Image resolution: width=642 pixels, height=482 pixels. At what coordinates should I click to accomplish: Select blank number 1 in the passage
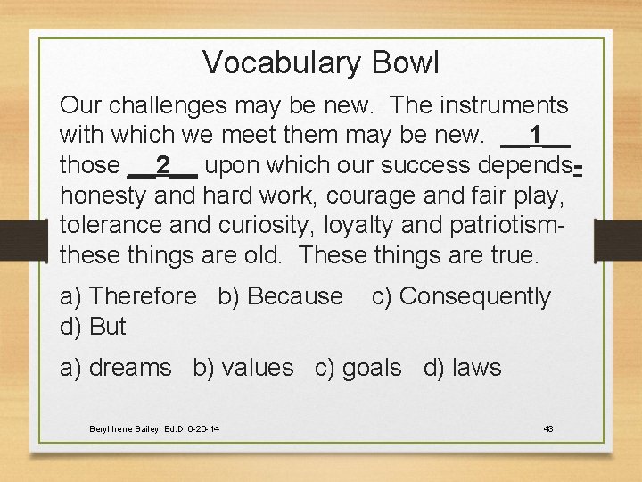coord(535,136)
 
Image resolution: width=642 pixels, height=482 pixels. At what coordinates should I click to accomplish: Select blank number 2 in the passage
coord(163,165)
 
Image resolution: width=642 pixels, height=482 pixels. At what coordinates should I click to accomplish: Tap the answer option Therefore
coord(143,296)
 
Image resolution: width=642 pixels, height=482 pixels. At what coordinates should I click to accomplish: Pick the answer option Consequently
coord(474,296)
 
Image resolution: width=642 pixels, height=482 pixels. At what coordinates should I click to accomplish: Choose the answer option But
coord(108,327)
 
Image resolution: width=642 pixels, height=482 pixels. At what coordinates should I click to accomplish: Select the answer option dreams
coord(129,368)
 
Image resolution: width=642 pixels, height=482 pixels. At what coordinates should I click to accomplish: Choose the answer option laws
coord(476,368)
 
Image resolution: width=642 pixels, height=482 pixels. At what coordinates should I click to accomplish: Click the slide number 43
coord(548,429)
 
